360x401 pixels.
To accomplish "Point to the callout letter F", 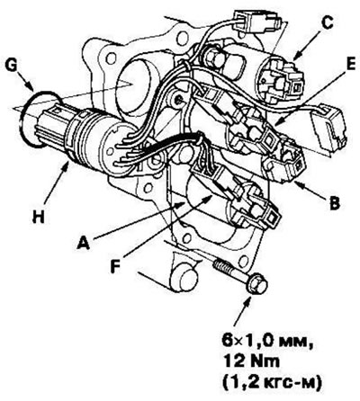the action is coord(116,266).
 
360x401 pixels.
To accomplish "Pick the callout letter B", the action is coord(335,203).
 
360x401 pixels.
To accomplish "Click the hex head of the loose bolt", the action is coord(256,284).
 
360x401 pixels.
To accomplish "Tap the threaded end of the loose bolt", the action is coord(222,266).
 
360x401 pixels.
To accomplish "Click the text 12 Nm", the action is coord(250,361).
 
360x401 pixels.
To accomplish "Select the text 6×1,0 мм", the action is coord(267,342).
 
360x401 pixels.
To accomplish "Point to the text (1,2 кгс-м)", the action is coord(272,382).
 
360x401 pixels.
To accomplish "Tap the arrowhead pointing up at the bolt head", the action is coord(248,301).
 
